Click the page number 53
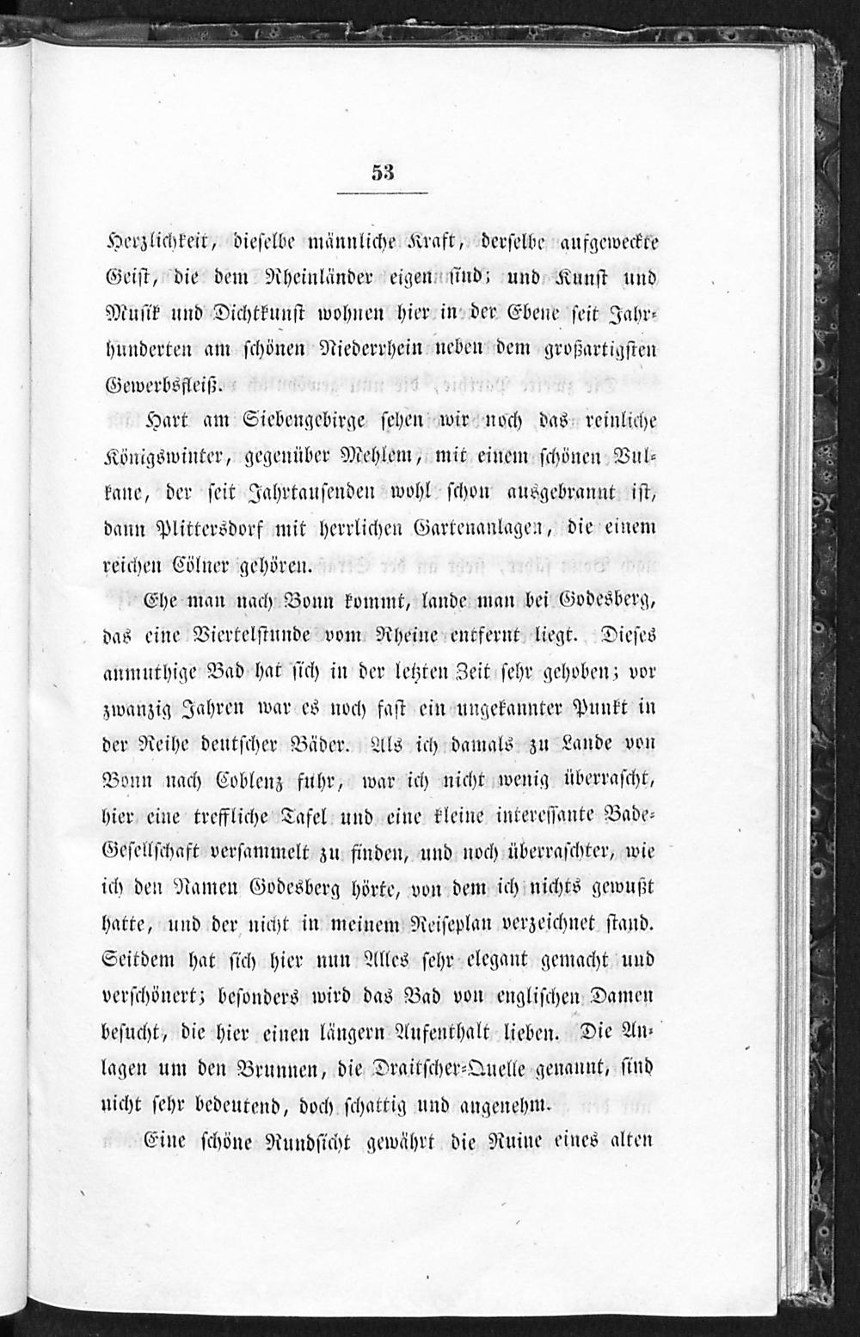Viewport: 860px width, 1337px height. coord(383,171)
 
